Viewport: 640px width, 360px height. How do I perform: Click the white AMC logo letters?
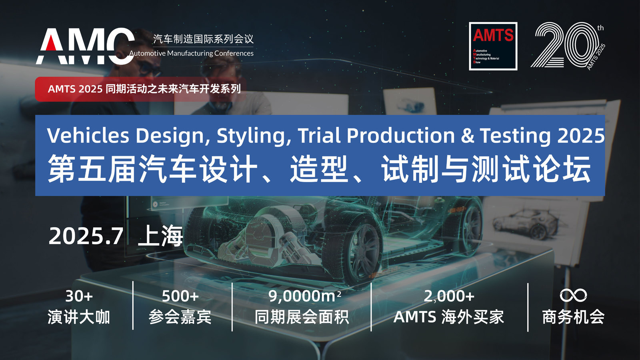[85, 46]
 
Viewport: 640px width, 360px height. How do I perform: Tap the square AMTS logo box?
[493, 46]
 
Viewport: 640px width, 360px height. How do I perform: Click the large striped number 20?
[565, 45]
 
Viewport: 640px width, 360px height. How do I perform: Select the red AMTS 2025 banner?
[140, 89]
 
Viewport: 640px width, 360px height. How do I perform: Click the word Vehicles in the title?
[88, 135]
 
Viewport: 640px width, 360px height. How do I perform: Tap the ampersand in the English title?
[468, 136]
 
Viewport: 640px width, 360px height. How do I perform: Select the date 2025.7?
[86, 236]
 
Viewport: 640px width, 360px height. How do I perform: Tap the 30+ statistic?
[79, 296]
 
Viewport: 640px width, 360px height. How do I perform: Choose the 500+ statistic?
[180, 296]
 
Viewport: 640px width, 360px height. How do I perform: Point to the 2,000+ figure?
[449, 296]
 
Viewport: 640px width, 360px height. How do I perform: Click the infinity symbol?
[573, 296]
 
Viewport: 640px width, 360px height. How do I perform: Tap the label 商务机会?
[573, 317]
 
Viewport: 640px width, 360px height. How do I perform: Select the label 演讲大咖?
[79, 317]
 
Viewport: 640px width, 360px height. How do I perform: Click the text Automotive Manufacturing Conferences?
[191, 54]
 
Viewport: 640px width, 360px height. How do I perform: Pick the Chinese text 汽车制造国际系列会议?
[203, 39]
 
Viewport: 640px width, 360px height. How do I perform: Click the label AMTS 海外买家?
[449, 317]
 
